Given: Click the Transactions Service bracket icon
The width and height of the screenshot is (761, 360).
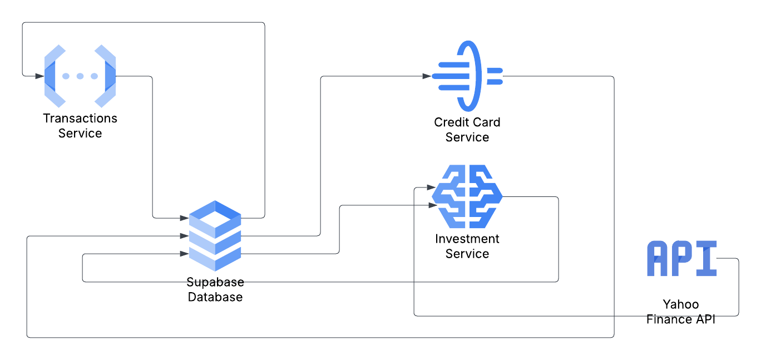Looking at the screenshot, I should pyautogui.click(x=80, y=76).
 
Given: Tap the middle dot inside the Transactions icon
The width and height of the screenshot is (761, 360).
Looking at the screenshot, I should pyautogui.click(x=80, y=76).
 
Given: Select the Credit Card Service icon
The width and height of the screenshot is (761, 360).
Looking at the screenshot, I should pyautogui.click(x=467, y=76).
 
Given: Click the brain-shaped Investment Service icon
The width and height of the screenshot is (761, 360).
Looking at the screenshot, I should pyautogui.click(x=467, y=196).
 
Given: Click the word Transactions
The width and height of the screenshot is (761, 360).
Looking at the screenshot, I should pyautogui.click(x=80, y=119).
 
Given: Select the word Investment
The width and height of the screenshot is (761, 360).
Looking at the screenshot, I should pyautogui.click(x=467, y=239).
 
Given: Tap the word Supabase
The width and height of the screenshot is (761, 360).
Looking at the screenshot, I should pyautogui.click(x=215, y=282).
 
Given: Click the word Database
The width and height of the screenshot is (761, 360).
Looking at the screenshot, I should pyautogui.click(x=215, y=297).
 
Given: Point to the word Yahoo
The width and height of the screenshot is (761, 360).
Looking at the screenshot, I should pyautogui.click(x=681, y=304).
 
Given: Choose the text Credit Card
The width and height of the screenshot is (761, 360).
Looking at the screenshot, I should pyautogui.click(x=467, y=122).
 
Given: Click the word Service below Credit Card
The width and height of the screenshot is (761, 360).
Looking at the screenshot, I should pyautogui.click(x=467, y=137).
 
